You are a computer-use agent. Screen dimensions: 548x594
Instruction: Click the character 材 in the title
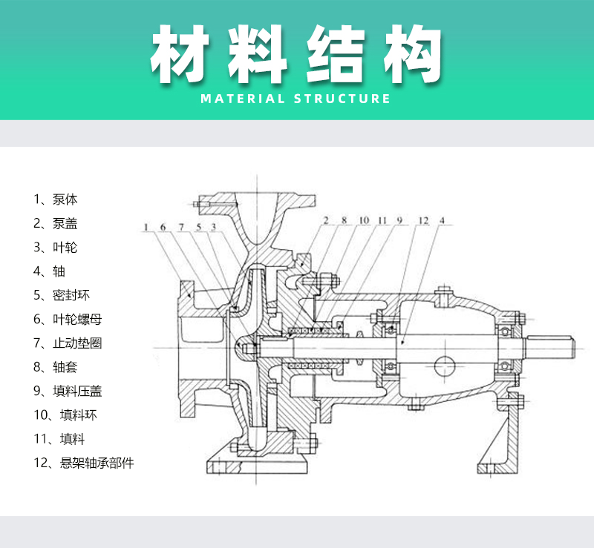(x=182, y=56)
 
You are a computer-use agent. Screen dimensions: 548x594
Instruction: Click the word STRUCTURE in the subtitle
(x=342, y=99)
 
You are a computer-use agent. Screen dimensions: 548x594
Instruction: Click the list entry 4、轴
(x=49, y=271)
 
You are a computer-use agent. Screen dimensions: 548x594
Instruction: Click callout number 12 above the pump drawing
(x=422, y=220)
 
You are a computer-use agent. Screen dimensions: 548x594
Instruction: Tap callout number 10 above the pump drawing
(x=364, y=220)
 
